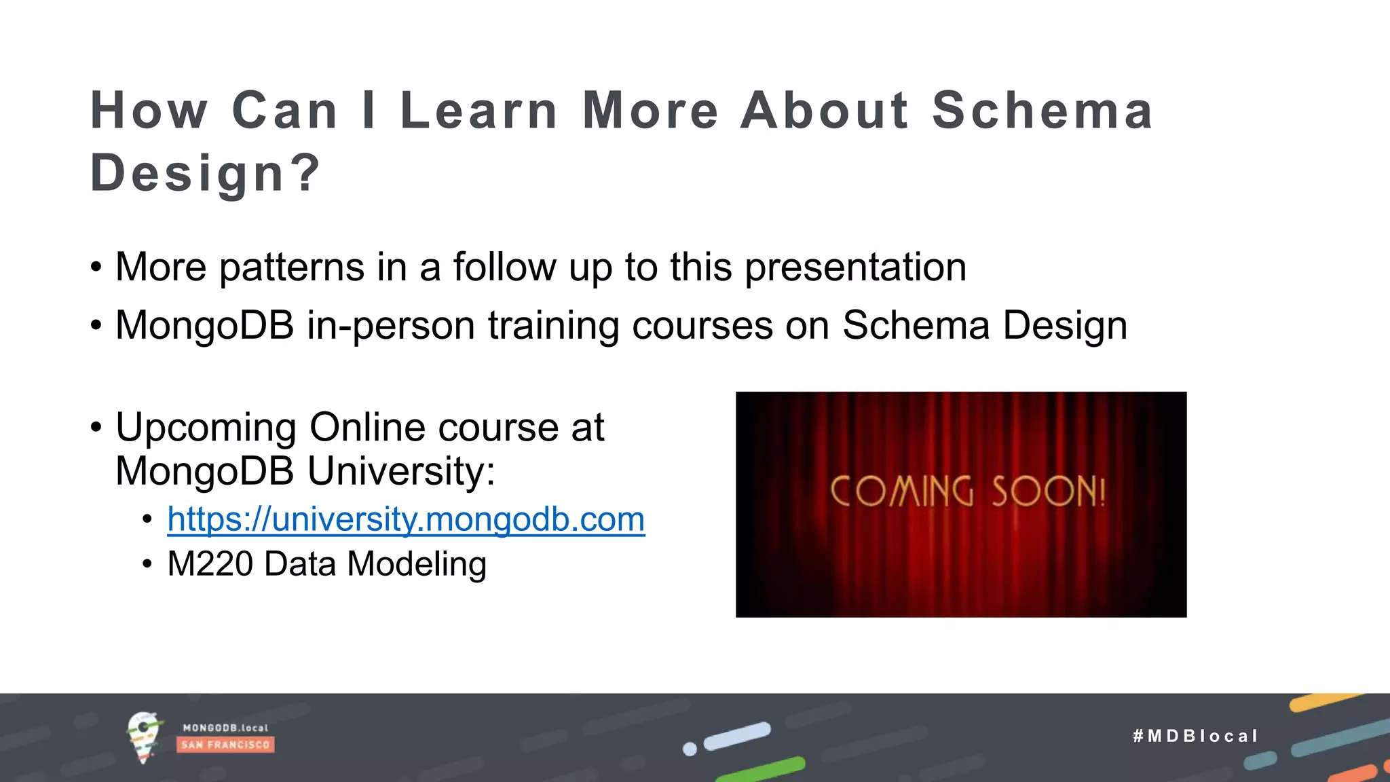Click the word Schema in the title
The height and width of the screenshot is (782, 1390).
click(x=1042, y=111)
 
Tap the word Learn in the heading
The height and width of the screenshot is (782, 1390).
click(x=478, y=111)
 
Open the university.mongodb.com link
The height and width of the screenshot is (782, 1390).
click(x=406, y=519)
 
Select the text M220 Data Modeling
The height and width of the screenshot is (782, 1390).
click(x=326, y=564)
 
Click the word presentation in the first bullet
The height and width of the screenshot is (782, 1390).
click(x=855, y=267)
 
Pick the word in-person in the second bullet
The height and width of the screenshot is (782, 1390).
click(x=391, y=326)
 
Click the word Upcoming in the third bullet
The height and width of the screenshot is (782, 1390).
click(x=206, y=428)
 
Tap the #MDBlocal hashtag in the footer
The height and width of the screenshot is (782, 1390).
click(x=1195, y=736)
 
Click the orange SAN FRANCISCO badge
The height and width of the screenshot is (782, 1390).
click(x=225, y=745)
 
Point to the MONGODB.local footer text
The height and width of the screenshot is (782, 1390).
click(x=225, y=728)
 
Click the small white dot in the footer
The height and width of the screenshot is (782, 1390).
click(x=690, y=749)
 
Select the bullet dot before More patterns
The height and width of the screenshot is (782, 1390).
click(x=96, y=267)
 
